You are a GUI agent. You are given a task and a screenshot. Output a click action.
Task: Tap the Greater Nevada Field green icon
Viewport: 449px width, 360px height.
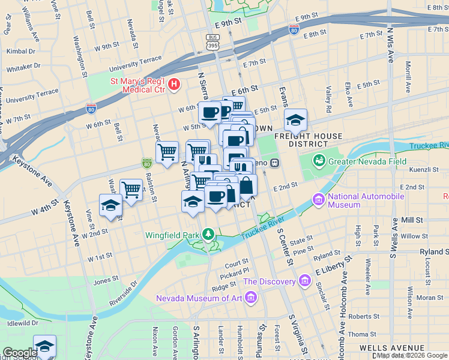(x=319, y=161)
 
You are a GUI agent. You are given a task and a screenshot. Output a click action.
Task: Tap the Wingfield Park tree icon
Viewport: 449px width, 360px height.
(x=208, y=233)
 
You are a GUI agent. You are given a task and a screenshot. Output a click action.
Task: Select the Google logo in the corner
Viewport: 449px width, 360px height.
(x=20, y=353)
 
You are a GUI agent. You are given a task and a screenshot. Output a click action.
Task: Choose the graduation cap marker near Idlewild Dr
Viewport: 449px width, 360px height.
(x=44, y=346)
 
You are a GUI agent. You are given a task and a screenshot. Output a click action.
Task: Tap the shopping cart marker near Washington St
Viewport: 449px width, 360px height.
(x=131, y=190)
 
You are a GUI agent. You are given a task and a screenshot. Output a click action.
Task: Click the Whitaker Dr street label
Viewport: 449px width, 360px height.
(x=24, y=66)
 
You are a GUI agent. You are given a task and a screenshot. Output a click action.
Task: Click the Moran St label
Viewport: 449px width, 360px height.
(x=429, y=297)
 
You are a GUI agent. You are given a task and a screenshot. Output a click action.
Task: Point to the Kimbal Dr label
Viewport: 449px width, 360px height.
(x=20, y=51)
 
